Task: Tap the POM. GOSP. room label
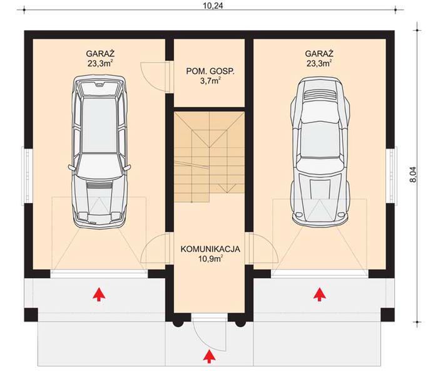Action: [x=210, y=71]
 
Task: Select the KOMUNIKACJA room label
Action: [x=210, y=249]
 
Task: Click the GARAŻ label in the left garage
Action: [x=99, y=54]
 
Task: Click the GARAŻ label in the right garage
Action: [x=319, y=54]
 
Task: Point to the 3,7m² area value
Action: [x=210, y=81]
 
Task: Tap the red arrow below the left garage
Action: [x=98, y=293]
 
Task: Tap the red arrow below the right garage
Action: [x=320, y=293]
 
